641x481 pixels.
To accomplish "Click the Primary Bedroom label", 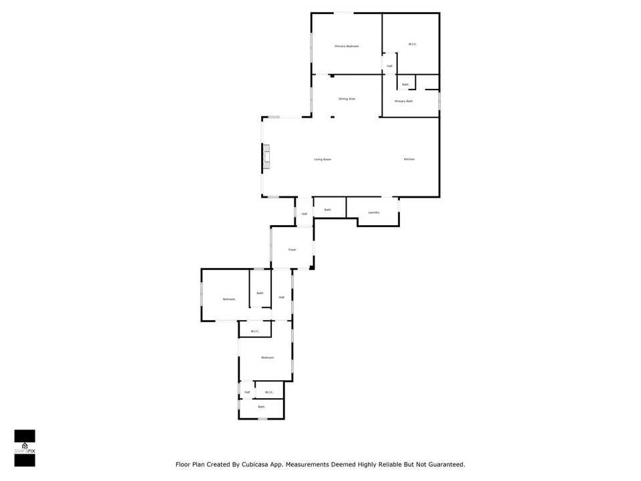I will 347,46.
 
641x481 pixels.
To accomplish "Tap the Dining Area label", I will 347,99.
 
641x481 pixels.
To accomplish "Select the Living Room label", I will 323,160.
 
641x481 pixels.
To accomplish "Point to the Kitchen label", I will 409,159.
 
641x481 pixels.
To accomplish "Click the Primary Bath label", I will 403,102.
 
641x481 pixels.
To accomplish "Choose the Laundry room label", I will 374,212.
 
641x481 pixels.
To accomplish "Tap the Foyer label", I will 292,250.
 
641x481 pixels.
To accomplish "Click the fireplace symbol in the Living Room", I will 265,158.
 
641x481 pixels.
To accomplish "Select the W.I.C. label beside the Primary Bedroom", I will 413,45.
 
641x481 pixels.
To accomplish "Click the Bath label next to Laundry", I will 328,210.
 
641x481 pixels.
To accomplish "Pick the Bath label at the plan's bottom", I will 261,407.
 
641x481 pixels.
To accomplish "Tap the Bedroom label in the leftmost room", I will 229,299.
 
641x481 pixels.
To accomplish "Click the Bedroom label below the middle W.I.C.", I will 267,358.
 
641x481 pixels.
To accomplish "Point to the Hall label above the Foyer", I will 304,214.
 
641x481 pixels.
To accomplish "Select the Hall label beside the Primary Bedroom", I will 389,66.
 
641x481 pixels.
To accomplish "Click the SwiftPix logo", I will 25,448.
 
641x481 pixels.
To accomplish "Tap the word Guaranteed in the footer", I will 441,464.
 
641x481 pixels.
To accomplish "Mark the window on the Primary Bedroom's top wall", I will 344,13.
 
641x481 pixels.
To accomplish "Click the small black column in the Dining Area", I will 332,76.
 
